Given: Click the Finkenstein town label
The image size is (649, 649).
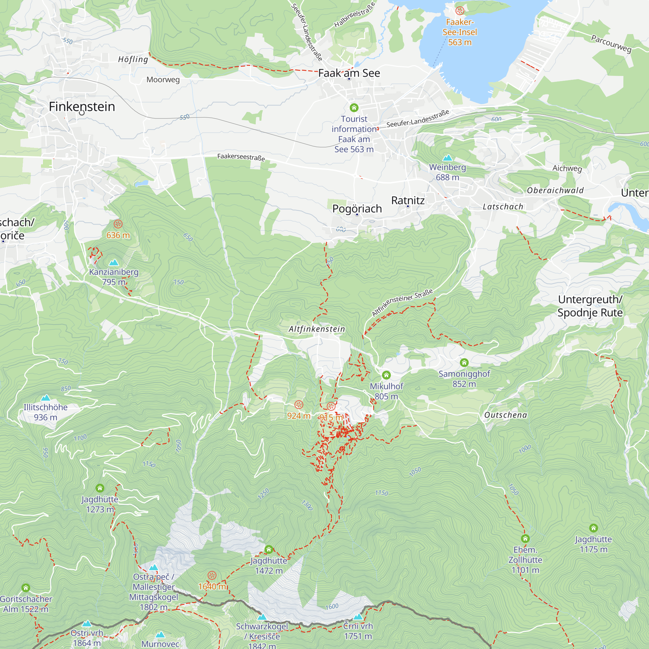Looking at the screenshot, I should click(x=82, y=106).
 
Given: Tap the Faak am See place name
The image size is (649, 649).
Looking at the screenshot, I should click(x=349, y=73).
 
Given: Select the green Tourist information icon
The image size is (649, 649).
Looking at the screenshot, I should click(x=354, y=107).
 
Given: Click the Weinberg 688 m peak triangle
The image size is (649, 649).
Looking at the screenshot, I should click(x=447, y=158).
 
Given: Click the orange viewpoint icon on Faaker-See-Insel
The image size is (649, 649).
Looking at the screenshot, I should click(x=459, y=11).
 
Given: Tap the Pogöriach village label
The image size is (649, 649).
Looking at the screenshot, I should click(x=357, y=209).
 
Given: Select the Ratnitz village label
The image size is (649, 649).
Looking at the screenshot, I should click(x=408, y=200).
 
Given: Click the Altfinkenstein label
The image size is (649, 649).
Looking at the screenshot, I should click(x=317, y=329).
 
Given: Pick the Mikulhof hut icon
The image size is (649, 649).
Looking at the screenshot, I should click(x=386, y=375).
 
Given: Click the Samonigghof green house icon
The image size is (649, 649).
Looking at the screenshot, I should click(x=464, y=362).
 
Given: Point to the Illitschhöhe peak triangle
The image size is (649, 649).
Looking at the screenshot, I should click(x=45, y=398).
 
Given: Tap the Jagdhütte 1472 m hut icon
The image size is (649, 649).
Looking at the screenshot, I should click(x=268, y=549).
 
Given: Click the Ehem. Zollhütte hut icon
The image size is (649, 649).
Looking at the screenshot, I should click(x=525, y=539).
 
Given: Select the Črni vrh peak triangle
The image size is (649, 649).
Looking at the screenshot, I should click(x=358, y=617).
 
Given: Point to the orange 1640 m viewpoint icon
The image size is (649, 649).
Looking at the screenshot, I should click(x=212, y=575).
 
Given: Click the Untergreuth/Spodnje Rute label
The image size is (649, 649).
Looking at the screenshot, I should click(x=590, y=306).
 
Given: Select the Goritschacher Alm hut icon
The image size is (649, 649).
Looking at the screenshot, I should click(x=26, y=588).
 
